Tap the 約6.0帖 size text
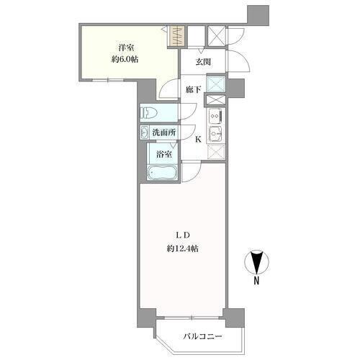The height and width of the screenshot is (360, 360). [125, 59]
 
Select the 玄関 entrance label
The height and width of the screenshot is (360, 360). [203, 62]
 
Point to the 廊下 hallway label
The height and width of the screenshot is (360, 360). [194, 89]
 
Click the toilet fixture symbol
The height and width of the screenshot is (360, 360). [149, 112]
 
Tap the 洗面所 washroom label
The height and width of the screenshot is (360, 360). [164, 132]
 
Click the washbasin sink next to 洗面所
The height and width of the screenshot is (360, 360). [144, 132]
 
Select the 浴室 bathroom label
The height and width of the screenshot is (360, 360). [164, 154]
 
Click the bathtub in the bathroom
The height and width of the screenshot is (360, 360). [163, 172]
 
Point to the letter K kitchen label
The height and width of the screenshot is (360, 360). [198, 140]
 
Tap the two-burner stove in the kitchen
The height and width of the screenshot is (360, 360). [215, 116]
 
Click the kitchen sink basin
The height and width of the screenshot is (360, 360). [215, 132]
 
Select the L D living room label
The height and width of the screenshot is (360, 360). [183, 235]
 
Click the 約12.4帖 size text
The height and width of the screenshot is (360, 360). [183, 249]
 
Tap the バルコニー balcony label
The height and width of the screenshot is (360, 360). [202, 336]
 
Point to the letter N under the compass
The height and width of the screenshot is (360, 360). [256, 281]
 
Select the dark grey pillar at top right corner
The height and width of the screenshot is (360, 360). [258, 14]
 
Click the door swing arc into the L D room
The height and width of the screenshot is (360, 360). [196, 176]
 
